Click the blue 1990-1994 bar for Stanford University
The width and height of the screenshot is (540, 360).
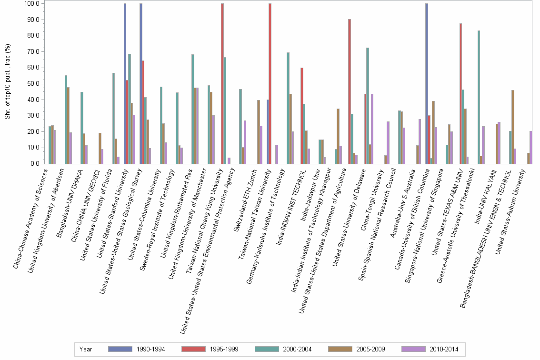[x=125, y=84]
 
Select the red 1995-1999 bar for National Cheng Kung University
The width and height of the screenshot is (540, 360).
[x=222, y=84]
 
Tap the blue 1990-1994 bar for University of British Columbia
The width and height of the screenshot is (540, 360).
[x=427, y=84]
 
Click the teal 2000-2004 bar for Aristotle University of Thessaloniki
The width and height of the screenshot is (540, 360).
[x=479, y=97]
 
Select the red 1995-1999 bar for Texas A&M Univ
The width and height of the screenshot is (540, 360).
[x=460, y=93]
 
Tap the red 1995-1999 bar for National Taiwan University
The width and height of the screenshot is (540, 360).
[x=270, y=84]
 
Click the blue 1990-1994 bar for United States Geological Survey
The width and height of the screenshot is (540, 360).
[x=141, y=84]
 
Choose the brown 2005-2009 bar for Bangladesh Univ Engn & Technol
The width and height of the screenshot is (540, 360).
[x=513, y=127]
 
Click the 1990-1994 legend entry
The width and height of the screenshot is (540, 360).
[x=136, y=349]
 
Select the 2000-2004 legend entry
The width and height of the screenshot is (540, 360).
[x=283, y=349]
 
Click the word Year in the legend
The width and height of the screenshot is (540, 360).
[x=86, y=349]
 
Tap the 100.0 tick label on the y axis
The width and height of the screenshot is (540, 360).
[x=31, y=4]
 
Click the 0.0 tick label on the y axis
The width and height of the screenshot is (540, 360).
[x=34, y=164]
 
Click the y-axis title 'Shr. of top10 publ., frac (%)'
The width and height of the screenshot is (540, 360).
[x=8, y=84]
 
